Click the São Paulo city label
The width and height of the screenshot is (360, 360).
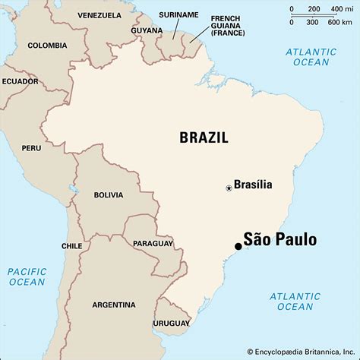click(x=280, y=239)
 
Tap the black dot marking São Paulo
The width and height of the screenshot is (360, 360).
click(x=238, y=246)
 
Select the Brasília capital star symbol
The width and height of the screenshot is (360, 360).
click(x=229, y=188)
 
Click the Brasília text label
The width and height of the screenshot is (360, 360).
click(x=253, y=184)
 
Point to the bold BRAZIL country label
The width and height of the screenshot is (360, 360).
click(x=204, y=137)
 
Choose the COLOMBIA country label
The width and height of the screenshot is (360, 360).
click(x=47, y=46)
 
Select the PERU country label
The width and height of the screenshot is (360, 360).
click(x=31, y=148)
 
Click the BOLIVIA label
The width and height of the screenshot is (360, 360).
click(x=108, y=195)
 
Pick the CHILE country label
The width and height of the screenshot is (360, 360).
click(x=71, y=246)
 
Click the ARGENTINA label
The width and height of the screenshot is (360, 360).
click(x=114, y=304)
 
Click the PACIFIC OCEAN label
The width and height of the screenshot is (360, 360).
click(x=27, y=276)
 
